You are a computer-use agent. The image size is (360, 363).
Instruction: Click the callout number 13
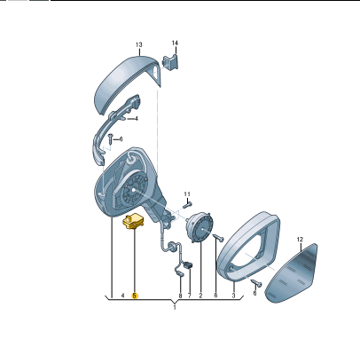[139, 44]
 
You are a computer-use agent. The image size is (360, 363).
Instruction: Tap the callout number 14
[175, 43]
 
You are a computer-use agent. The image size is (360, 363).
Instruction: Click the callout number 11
[187, 194]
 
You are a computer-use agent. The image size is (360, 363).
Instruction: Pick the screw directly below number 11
[187, 205]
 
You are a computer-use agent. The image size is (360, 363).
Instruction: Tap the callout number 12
[300, 240]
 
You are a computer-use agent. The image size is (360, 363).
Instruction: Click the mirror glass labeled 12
[292, 273]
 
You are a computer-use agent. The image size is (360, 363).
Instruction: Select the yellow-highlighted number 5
[135, 296]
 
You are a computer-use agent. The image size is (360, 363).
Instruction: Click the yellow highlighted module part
[134, 222]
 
